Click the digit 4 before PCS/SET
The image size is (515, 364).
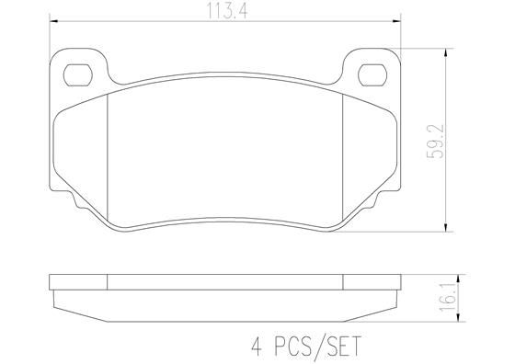[255, 347]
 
